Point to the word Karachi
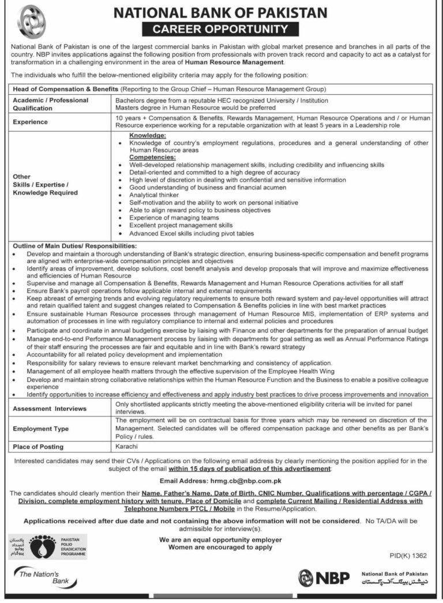(x=126, y=446)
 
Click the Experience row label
(x=32, y=122)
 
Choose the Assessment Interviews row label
(x=50, y=408)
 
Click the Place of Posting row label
(x=39, y=447)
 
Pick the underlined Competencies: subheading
(x=152, y=157)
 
